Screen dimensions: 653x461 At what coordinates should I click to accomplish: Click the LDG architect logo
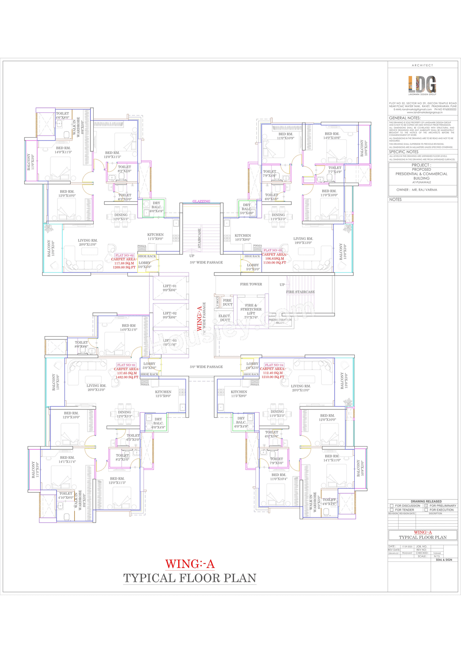click(422, 85)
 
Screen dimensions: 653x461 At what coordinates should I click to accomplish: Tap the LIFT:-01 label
click(170, 288)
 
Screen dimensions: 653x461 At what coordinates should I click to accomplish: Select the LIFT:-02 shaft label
click(170, 315)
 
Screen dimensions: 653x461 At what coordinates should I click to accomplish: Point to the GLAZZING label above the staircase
click(201, 201)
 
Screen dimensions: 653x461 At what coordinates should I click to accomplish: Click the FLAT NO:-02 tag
click(125, 255)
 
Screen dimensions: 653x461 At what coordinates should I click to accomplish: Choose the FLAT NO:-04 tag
click(274, 365)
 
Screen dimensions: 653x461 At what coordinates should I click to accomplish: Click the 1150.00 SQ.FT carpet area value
click(274, 262)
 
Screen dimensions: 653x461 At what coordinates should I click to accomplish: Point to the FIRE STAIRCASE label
click(300, 292)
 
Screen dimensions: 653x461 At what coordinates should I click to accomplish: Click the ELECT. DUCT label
click(225, 318)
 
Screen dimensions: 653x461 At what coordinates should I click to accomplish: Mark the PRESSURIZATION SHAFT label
click(280, 321)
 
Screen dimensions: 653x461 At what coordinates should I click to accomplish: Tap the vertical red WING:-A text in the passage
click(199, 319)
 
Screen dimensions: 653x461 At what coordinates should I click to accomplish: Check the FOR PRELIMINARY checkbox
click(426, 506)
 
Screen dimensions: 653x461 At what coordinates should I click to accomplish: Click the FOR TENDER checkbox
click(391, 510)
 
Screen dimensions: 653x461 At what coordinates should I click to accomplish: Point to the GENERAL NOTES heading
click(405, 118)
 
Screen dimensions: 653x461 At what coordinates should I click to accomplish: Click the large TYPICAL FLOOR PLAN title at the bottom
click(190, 578)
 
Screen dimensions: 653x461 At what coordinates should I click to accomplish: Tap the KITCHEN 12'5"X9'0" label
click(163, 394)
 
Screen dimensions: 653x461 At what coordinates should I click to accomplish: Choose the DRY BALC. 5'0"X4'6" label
click(247, 209)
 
